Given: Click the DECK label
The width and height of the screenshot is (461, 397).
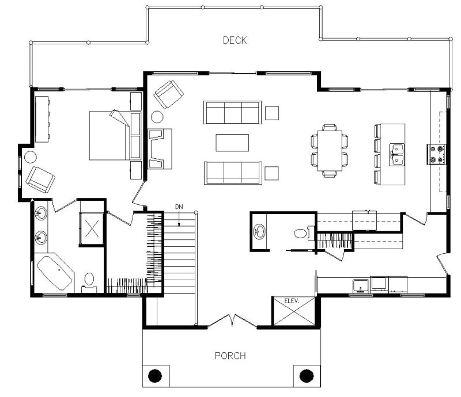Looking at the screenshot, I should tap(235, 40).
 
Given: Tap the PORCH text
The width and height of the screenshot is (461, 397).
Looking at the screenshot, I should tap(230, 356).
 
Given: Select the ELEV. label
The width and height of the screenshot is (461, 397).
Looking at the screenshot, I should tap(292, 300).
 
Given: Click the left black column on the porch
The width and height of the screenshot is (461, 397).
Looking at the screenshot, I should tap(154, 376).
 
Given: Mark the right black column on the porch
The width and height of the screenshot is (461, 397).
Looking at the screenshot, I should tap(305, 376).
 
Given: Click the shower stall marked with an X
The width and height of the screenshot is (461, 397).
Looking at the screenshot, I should tap(91, 228).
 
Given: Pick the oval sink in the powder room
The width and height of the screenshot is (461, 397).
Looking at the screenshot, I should tap(260, 232).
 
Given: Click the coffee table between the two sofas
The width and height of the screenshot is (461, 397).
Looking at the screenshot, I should tap(232, 142).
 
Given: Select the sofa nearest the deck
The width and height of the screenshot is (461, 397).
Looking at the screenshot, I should tap(232, 112).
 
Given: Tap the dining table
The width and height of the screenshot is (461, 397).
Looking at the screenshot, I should tap(330, 150).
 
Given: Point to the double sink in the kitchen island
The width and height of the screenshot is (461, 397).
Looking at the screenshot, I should tap(396, 154).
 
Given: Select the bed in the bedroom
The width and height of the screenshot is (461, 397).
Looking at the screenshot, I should tap(109, 136).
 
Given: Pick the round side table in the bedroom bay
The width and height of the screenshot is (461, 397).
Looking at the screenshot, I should tap(29, 156).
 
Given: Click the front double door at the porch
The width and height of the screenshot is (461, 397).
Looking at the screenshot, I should tap(232, 320).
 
